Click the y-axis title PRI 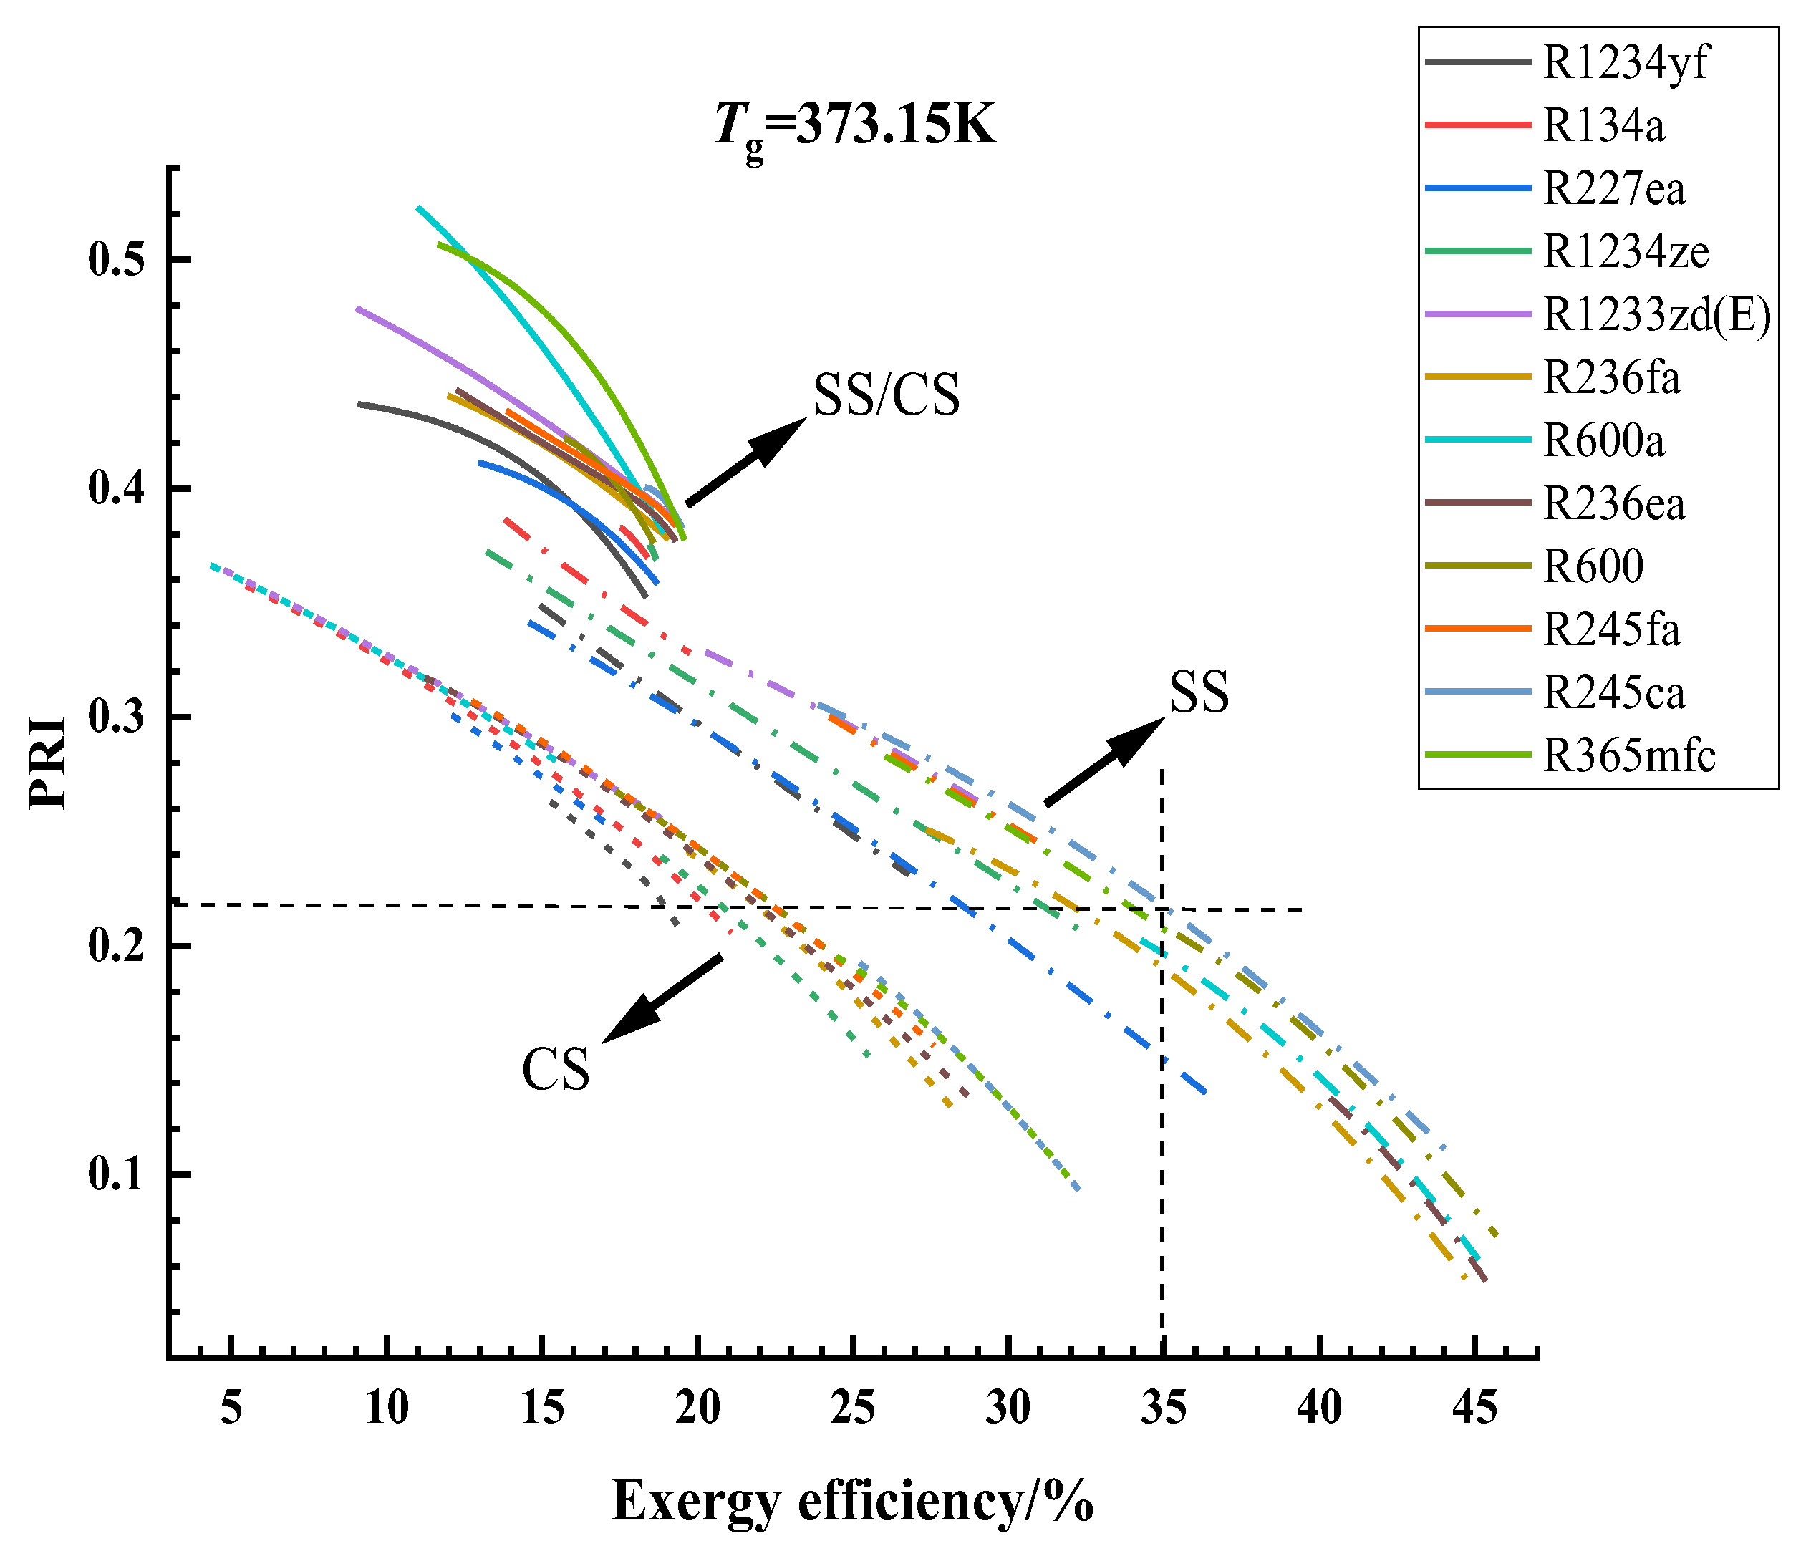[x=48, y=763]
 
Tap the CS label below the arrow [x=556, y=1069]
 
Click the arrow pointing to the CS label [x=662, y=998]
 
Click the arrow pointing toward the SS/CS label [x=745, y=460]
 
